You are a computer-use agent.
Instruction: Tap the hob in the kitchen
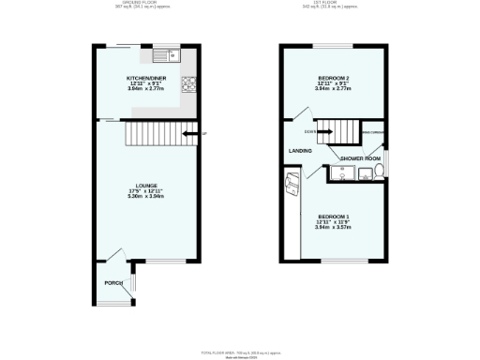pyautogui.click(x=190, y=86)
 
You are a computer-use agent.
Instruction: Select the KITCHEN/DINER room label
pyautogui.click(x=145, y=79)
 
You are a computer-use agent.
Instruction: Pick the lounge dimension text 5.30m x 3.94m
pyautogui.click(x=145, y=198)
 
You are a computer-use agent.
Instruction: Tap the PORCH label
pyautogui.click(x=112, y=282)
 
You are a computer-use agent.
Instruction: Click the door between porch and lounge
pyautogui.click(x=115, y=255)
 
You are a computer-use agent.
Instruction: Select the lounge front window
pyautogui.click(x=168, y=262)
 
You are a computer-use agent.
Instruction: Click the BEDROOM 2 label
pyautogui.click(x=335, y=79)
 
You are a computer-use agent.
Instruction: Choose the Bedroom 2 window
pyautogui.click(x=333, y=45)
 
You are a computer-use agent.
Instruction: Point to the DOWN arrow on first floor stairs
pyautogui.click(x=323, y=132)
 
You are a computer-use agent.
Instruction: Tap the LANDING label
pyautogui.click(x=300, y=150)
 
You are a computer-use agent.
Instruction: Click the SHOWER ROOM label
pyautogui.click(x=360, y=158)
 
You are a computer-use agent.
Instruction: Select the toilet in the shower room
pyautogui.click(x=378, y=172)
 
